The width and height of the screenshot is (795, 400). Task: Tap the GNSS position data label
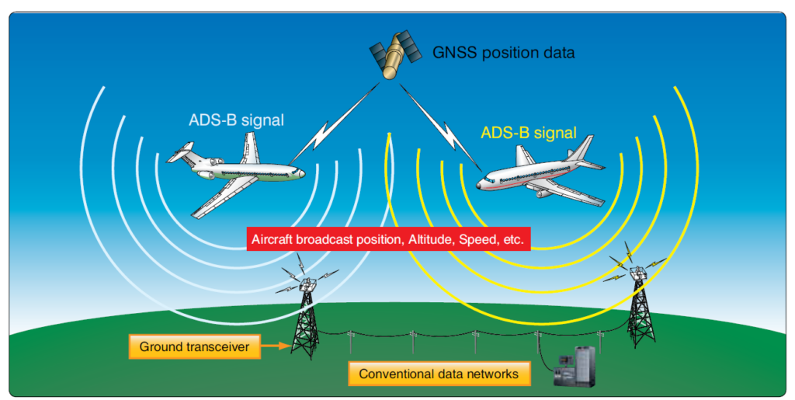click(503, 54)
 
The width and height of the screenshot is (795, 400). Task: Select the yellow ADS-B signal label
click(528, 133)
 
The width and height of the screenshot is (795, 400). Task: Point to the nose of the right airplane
click(480, 185)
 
